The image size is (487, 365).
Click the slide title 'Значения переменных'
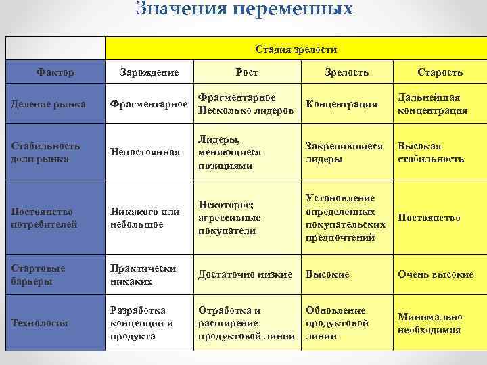point(244,9)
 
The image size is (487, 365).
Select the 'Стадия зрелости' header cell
point(296,49)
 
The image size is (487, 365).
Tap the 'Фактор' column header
point(55,72)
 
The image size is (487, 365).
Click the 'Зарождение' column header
point(149,72)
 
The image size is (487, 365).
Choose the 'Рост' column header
point(247,72)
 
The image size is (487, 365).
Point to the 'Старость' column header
point(440,72)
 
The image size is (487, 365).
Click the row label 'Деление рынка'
point(49,104)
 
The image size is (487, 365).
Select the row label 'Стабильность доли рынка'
point(47,152)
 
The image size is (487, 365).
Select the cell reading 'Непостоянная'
point(145,152)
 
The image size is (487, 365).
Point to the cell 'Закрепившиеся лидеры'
point(344,152)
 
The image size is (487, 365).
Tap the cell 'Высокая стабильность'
point(431,152)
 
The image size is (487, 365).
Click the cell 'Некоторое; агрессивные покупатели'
point(229,218)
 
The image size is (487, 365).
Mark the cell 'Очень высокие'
point(436,274)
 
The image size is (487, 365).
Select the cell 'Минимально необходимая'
point(430,323)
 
